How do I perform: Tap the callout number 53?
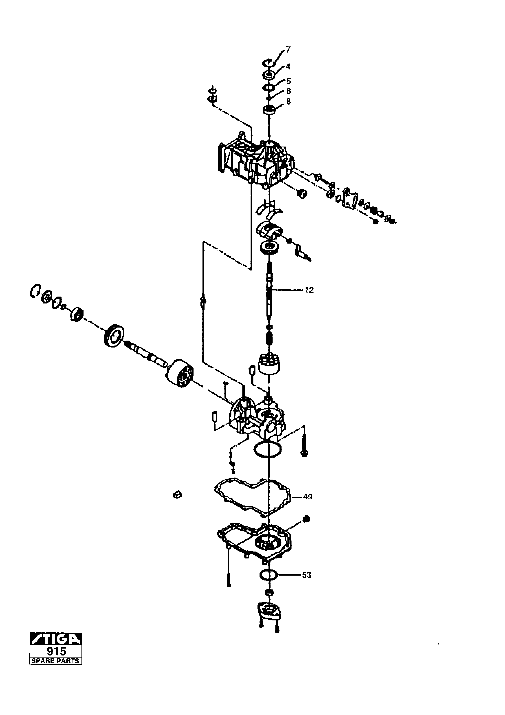point(307,575)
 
